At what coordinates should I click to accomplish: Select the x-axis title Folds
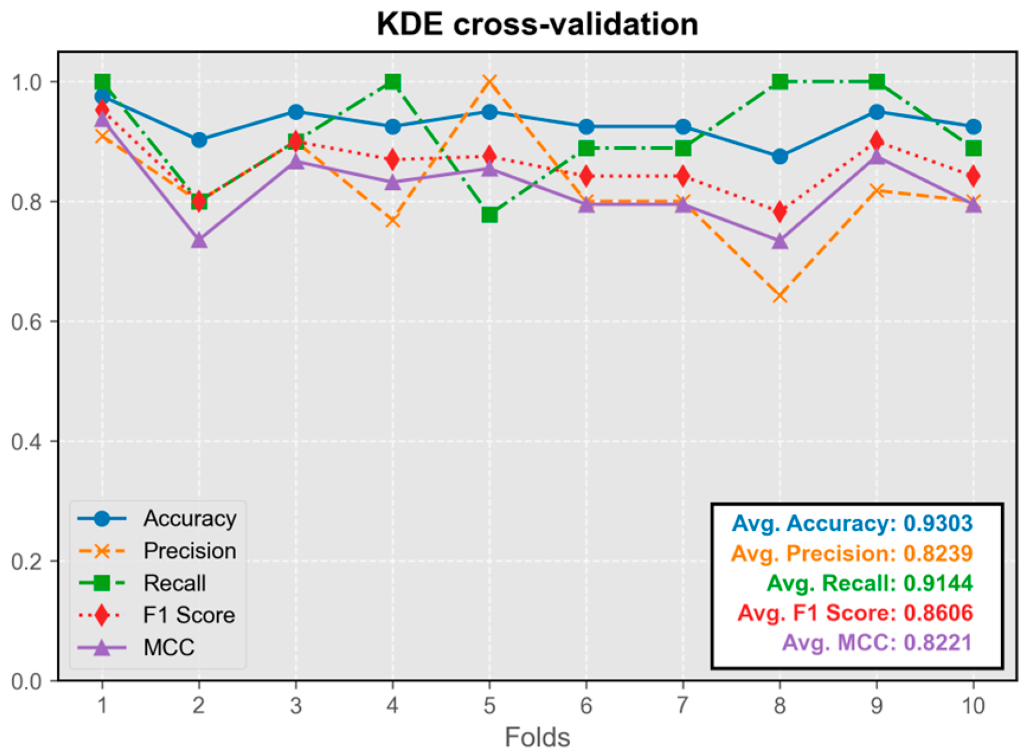pos(537,737)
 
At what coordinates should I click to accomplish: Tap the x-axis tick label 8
pos(780,705)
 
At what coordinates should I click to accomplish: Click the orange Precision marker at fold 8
pos(780,295)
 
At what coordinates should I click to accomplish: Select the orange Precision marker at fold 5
pos(489,82)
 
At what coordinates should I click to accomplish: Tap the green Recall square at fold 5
pos(489,215)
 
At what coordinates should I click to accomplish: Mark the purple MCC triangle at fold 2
pos(199,241)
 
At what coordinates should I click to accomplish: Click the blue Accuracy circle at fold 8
pos(780,157)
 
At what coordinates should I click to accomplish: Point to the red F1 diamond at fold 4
pos(392,160)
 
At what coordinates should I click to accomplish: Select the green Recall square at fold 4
pos(392,82)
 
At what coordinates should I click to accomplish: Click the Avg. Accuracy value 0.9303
pos(938,524)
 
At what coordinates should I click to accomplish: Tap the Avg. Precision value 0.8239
pos(938,554)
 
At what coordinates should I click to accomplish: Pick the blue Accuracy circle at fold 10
pos(973,127)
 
